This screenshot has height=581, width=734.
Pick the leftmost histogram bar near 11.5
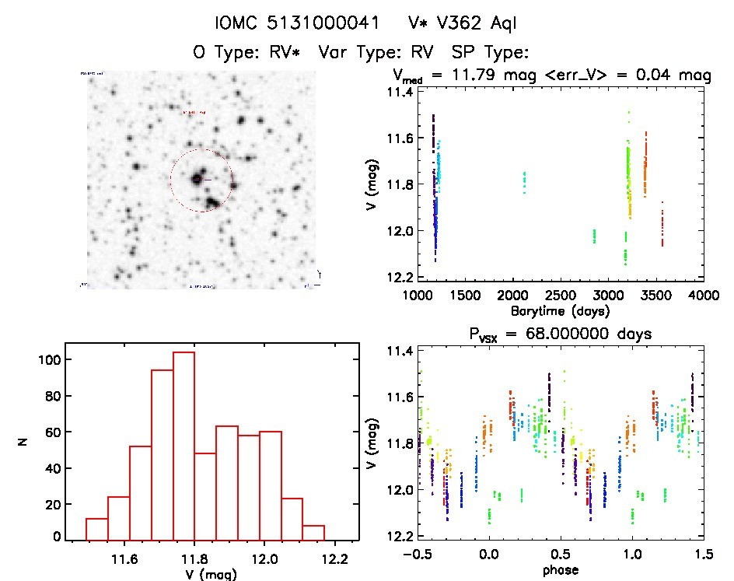coord(97,529)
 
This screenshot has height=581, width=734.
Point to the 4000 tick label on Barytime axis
coord(704,296)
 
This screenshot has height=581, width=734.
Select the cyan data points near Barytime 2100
coord(524,182)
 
